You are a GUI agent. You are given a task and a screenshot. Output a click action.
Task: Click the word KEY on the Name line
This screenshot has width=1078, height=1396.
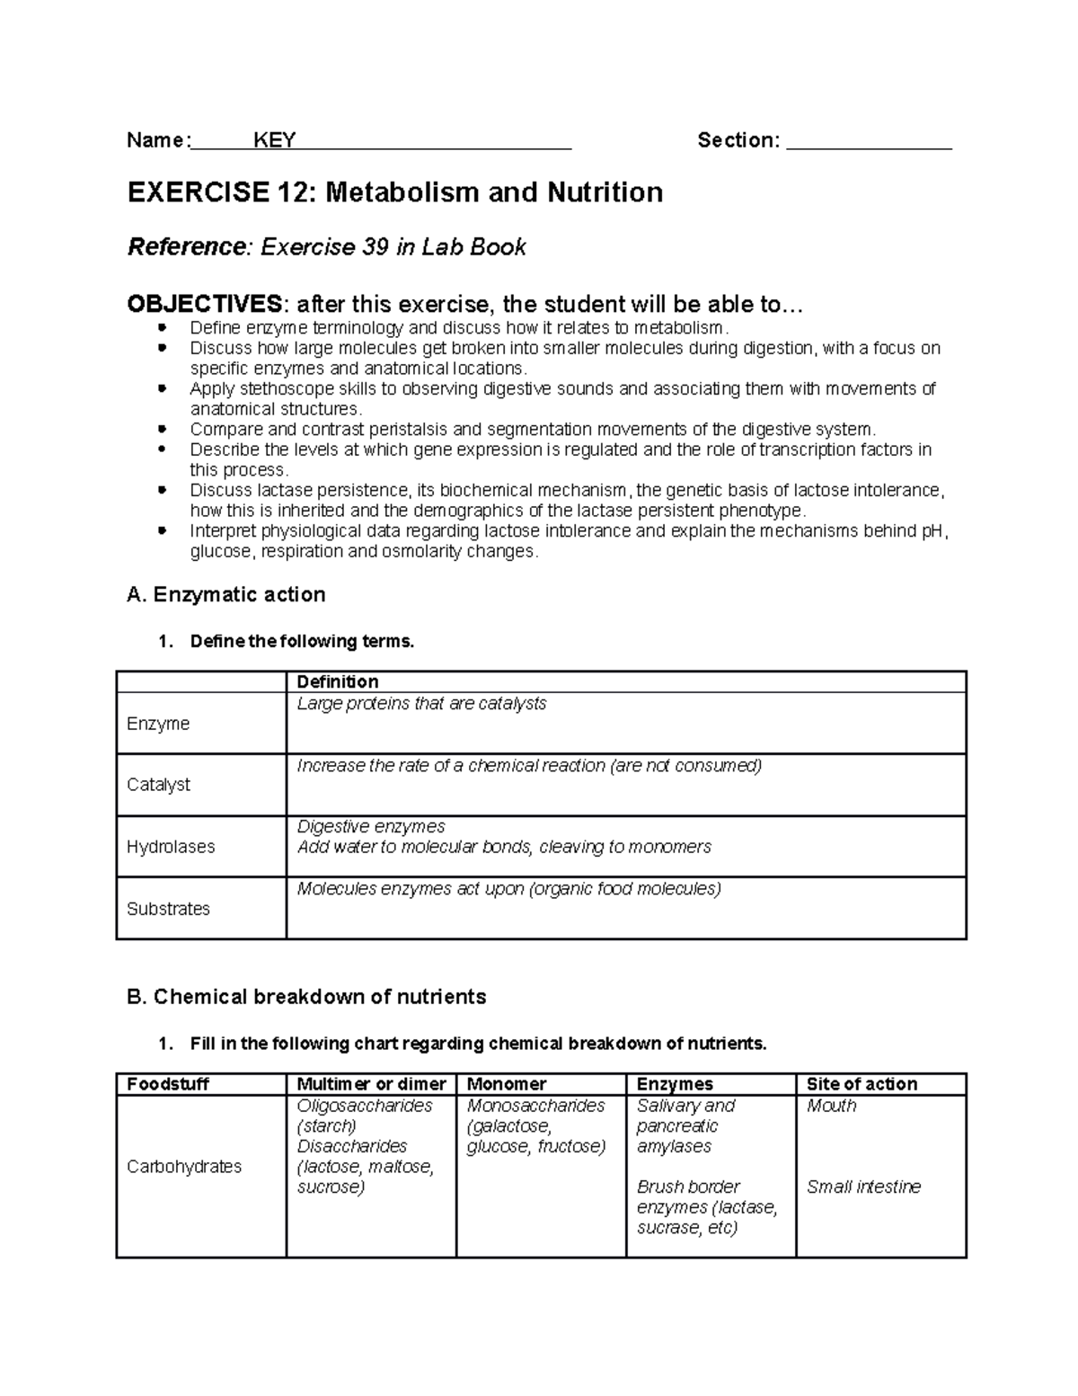pos(275,140)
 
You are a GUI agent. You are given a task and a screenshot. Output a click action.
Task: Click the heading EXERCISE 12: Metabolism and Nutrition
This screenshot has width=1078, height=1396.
pos(395,192)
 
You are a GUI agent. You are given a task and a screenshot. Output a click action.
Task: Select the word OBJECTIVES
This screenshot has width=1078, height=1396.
pos(204,304)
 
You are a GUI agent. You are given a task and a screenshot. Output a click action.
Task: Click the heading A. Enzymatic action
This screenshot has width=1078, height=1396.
pos(226,594)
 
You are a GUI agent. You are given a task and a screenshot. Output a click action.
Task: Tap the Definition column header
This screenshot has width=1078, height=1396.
pos(338,681)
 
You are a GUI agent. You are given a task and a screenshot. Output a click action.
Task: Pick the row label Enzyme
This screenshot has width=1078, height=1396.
pos(158,724)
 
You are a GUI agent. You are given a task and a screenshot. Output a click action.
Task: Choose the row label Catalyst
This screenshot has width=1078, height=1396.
pos(158,785)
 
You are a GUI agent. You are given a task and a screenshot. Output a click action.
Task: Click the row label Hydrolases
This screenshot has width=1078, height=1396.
pos(171,847)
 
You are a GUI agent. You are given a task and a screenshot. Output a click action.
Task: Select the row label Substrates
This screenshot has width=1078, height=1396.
pos(168,909)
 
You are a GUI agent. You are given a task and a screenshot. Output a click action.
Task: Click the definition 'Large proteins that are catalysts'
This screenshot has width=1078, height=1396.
pos(421,703)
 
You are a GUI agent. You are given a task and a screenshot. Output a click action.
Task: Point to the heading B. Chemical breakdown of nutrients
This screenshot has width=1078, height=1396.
pos(306,997)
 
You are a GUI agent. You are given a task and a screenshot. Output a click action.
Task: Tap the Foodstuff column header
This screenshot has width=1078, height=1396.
pos(168,1084)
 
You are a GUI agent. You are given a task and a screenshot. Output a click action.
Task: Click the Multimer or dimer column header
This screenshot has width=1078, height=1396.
pos(371,1084)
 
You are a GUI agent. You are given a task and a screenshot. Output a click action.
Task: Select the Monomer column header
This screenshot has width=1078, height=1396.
pos(507,1084)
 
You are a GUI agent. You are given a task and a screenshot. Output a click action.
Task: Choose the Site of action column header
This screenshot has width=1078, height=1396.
pos(862,1084)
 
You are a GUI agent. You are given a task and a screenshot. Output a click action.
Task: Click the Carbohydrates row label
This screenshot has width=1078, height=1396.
pos(184,1167)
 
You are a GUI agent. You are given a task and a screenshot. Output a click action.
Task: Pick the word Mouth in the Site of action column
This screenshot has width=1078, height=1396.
pos(831,1106)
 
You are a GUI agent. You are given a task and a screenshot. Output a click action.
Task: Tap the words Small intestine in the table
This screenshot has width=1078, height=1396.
pos(863,1187)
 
